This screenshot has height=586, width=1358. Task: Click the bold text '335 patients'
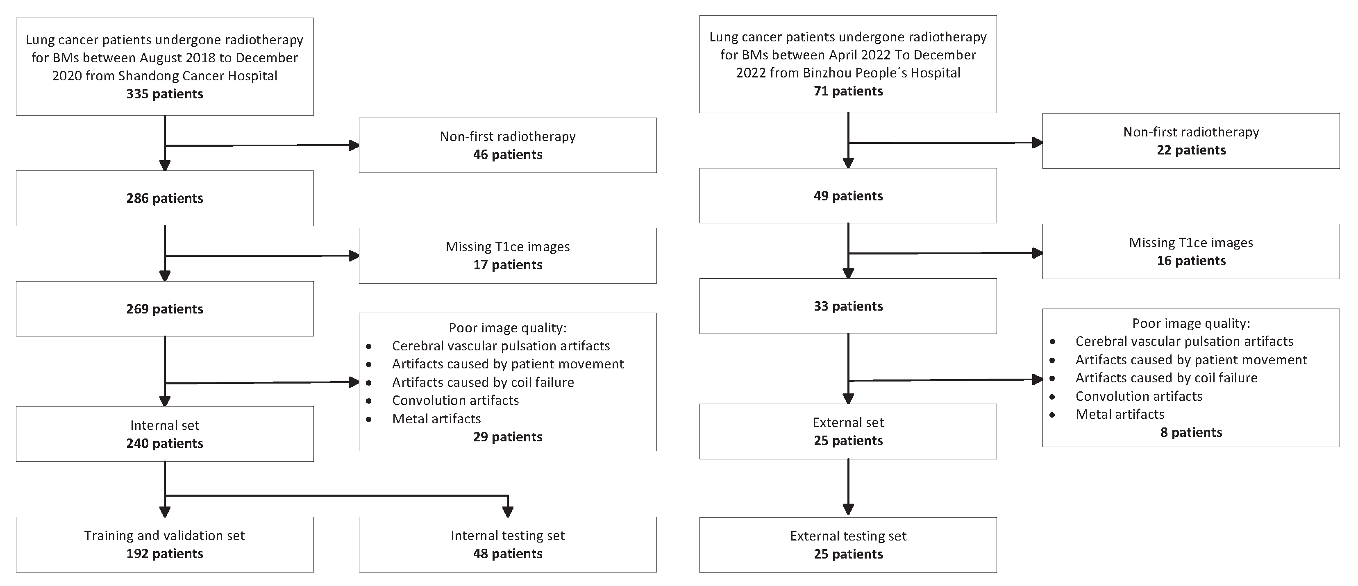coord(164,94)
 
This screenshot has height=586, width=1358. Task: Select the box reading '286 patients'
coord(164,198)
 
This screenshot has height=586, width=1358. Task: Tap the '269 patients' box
coord(164,309)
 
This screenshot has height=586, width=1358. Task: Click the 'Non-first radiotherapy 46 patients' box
coord(508,145)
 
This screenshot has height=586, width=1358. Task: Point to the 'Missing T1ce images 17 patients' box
coord(508,256)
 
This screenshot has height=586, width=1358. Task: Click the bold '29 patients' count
coord(508,437)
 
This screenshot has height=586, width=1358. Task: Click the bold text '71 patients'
coord(848,91)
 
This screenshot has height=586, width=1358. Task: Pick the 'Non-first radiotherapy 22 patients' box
coord(1191,141)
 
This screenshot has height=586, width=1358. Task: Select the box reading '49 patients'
coord(848,195)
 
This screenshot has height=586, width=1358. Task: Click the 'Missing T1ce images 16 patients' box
coord(1191,251)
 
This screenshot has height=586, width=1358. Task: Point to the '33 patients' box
coord(848,306)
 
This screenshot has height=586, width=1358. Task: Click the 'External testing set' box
coord(848,545)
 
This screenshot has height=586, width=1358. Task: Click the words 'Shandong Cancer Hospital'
coord(198,76)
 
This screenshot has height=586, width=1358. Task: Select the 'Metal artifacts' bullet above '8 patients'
coord(1120,414)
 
